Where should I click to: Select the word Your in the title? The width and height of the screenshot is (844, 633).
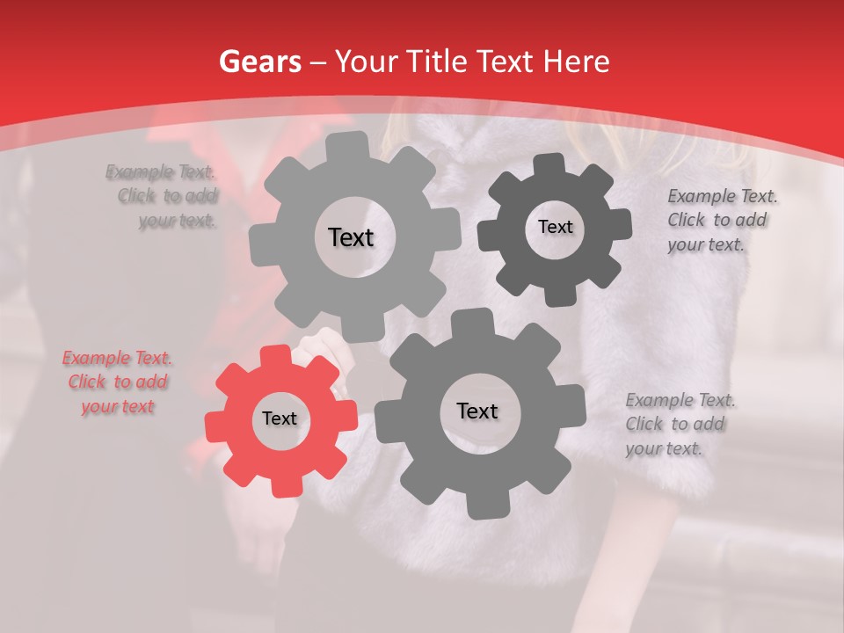[361, 62]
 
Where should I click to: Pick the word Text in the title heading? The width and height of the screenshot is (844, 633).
[507, 62]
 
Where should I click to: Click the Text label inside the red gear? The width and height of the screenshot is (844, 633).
[280, 419]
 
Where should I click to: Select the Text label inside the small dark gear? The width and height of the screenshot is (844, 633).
[556, 227]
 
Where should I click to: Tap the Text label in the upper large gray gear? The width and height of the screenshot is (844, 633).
[351, 237]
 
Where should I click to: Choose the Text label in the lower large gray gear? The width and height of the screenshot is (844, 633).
[477, 411]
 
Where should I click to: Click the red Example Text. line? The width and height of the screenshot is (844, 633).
[118, 359]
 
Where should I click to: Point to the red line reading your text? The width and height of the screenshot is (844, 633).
[118, 406]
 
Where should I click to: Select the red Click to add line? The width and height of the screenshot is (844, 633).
[118, 382]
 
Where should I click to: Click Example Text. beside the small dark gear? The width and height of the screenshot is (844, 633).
[723, 197]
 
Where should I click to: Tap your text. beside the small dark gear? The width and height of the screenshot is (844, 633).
[706, 244]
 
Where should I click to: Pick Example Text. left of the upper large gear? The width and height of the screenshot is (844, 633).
[161, 172]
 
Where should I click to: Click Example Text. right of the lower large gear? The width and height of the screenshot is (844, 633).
[681, 401]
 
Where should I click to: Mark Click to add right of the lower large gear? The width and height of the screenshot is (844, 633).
[675, 424]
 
